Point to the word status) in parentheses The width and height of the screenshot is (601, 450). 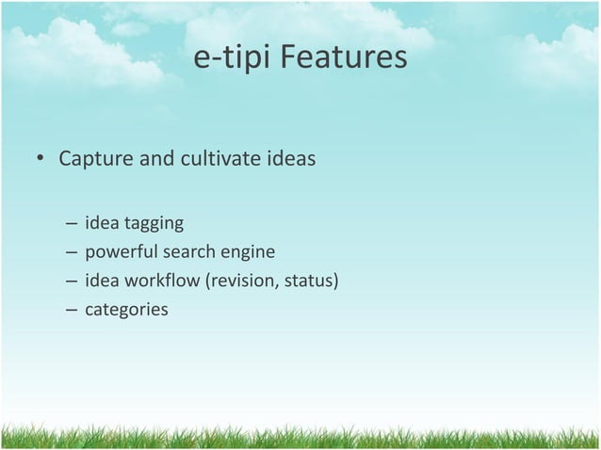310,280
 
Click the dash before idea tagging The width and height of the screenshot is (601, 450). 72,225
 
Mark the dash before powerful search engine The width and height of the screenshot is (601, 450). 72,252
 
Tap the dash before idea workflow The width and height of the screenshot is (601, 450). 72,280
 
